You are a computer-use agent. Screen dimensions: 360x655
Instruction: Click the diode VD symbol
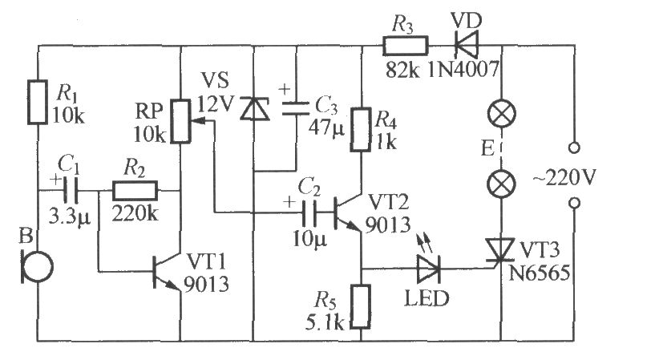tap(463, 45)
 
